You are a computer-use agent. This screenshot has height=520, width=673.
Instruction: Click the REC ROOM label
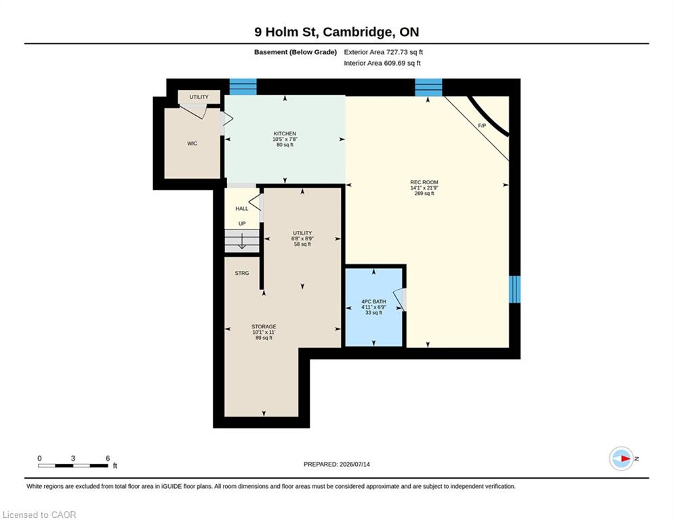[424, 182]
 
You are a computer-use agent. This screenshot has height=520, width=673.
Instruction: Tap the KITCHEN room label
[285, 134]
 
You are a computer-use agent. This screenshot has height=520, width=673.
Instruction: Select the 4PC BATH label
[373, 301]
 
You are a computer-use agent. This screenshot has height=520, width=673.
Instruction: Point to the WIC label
[192, 144]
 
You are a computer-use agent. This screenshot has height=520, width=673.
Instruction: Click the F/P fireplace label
[482, 126]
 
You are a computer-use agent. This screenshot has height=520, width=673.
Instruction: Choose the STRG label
[242, 273]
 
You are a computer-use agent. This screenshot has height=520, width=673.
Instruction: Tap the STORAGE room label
[264, 326]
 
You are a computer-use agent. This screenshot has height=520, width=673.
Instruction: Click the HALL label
[242, 209]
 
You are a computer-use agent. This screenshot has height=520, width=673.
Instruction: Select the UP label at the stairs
[242, 223]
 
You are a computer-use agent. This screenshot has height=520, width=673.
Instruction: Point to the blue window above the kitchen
[243, 87]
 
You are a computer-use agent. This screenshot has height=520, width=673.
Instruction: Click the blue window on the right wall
[514, 289]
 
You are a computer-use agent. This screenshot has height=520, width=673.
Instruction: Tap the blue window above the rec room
[428, 87]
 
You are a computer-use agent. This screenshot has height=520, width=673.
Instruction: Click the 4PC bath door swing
[400, 299]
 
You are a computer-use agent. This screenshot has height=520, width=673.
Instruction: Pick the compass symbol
[621, 458]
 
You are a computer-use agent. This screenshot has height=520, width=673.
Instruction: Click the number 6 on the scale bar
[108, 458]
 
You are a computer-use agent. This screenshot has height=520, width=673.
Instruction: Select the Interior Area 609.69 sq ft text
[382, 63]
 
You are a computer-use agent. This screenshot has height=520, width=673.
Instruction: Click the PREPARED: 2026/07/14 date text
[336, 464]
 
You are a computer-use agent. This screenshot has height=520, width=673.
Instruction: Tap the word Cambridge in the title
[357, 32]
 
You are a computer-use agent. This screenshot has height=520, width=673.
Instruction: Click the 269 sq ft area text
[424, 194]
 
